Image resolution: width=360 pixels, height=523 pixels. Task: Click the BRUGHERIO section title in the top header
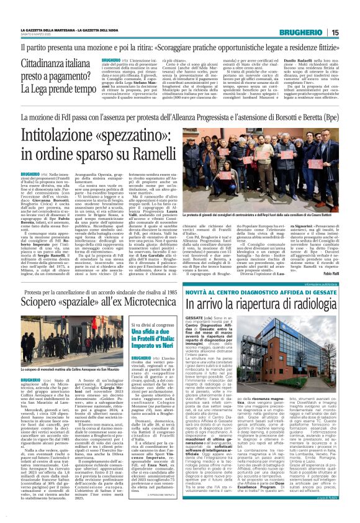317,33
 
